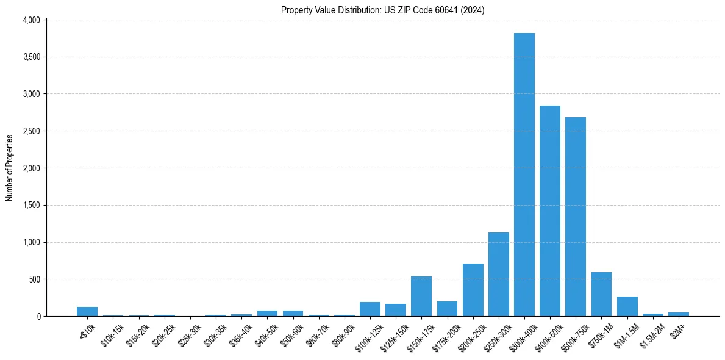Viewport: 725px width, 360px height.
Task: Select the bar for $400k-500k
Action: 549,211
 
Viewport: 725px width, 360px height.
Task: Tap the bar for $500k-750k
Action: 575,217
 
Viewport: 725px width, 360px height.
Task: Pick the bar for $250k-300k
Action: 498,275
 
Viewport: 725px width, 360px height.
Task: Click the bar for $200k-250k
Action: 473,290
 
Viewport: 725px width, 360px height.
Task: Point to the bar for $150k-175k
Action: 421,297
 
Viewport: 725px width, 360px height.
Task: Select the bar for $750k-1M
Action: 601,294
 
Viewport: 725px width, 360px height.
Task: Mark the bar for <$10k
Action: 87,311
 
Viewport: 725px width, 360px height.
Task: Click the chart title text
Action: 382,10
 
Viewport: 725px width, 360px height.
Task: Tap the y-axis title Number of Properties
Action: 10,168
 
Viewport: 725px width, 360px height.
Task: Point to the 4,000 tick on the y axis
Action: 31,20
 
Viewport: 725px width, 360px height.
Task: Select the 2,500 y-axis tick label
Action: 31,131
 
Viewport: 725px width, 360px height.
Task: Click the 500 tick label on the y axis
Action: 35,279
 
